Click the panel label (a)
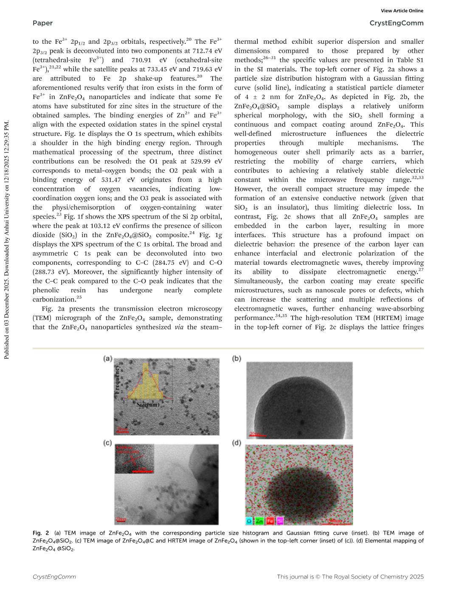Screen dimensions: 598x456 pyautogui.click(x=107, y=359)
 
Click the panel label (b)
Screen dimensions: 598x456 pyautogui.click(x=236, y=359)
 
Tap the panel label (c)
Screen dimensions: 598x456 pyautogui.click(x=107, y=443)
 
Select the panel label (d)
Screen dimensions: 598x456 pyautogui.click(x=236, y=443)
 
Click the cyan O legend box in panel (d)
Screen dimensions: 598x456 pyautogui.click(x=249, y=521)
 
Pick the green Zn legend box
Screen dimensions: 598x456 pyautogui.click(x=259, y=521)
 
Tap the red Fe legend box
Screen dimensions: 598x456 pyautogui.click(x=270, y=521)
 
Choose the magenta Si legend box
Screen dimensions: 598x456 pyautogui.click(x=280, y=521)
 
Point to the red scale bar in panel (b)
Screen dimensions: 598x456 pyautogui.click(x=255, y=434)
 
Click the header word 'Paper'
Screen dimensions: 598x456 pyautogui.click(x=42, y=23)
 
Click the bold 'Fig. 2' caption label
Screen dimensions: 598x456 pyautogui.click(x=41, y=533)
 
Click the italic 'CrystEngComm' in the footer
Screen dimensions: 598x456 pyautogui.click(x=54, y=577)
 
